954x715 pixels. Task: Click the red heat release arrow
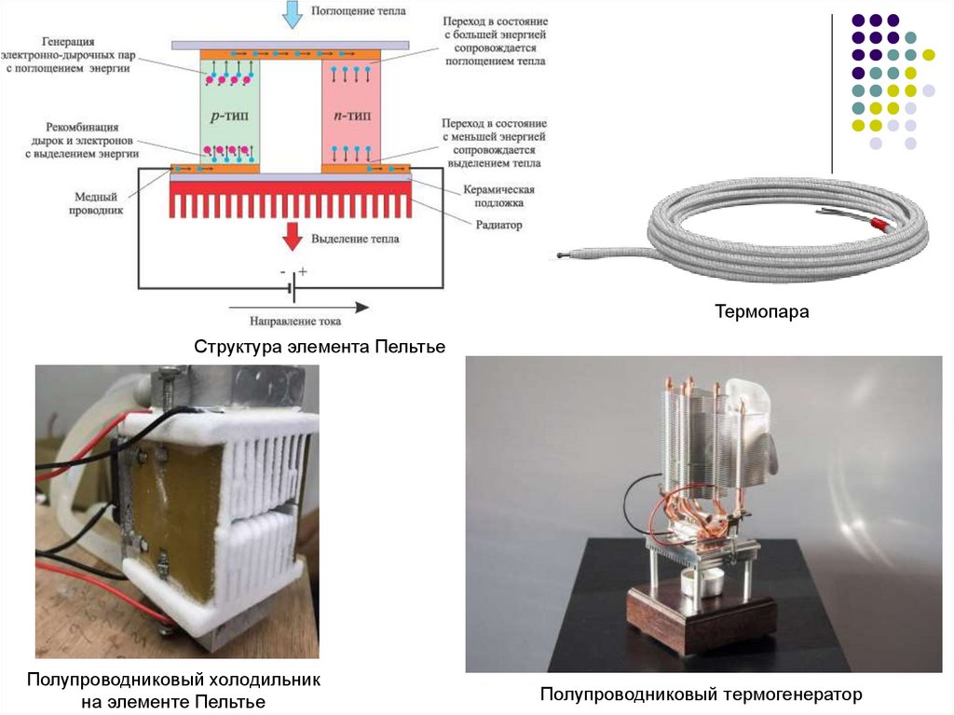tap(292, 236)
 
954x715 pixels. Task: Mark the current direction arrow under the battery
tap(298, 307)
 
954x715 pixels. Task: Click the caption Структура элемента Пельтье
tap(320, 347)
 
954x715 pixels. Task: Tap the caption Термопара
tap(762, 312)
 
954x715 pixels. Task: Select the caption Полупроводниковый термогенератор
tap(702, 694)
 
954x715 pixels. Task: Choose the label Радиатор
tap(497, 225)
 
